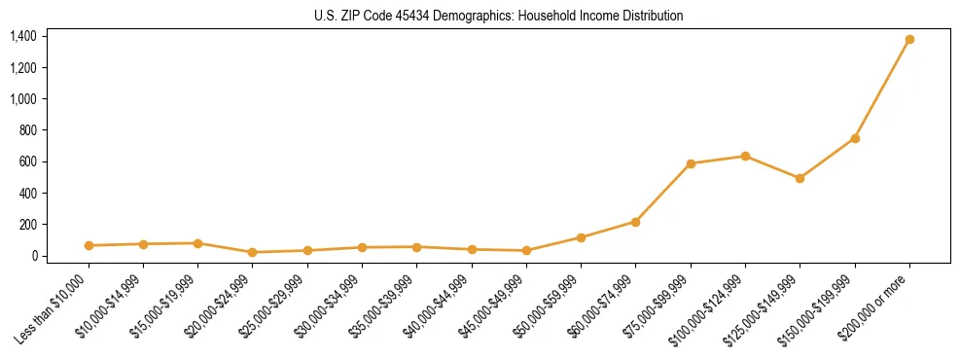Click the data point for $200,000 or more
click(909, 40)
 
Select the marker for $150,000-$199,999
click(855, 138)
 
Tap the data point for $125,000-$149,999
click(800, 178)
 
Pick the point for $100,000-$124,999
click(745, 156)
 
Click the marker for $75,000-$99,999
click(691, 163)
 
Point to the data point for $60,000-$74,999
click(635, 222)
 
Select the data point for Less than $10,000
click(89, 245)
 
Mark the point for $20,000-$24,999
click(253, 252)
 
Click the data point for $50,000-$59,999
click(581, 237)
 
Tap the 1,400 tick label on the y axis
click(23, 36)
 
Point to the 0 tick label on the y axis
click(33, 256)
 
